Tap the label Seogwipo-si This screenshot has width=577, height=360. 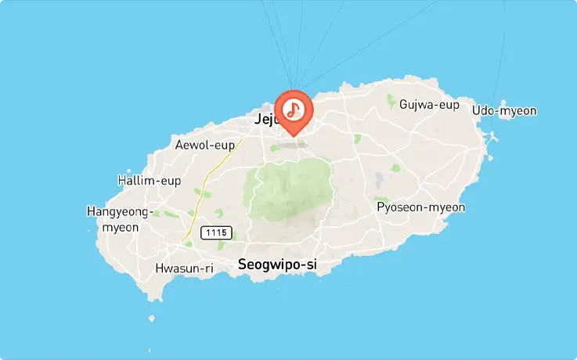(277, 265)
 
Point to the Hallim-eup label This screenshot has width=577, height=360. (149, 181)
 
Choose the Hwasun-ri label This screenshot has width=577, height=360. (185, 268)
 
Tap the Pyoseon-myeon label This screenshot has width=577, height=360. (420, 207)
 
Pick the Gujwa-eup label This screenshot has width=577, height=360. (428, 104)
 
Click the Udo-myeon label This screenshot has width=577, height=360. (504, 110)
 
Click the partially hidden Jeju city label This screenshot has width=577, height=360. (265, 120)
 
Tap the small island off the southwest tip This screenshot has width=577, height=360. (152, 319)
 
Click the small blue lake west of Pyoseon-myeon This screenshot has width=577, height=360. (380, 181)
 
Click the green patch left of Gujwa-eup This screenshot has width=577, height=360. (392, 101)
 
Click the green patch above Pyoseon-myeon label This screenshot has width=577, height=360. (381, 200)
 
